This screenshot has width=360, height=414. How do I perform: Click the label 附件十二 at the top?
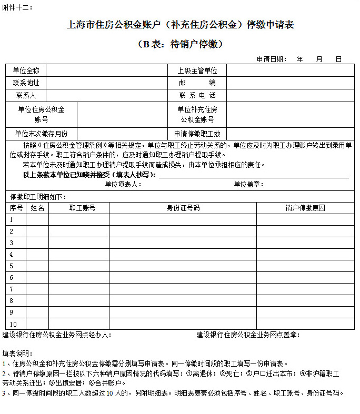click(x=17, y=7)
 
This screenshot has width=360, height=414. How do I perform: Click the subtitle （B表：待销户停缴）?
click(x=180, y=44)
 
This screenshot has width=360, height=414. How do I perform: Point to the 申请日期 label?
click(x=272, y=59)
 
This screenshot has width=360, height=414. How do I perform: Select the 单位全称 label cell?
click(x=26, y=70)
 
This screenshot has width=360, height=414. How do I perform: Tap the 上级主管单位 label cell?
click(x=197, y=70)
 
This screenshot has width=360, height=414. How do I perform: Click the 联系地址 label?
click(x=26, y=83)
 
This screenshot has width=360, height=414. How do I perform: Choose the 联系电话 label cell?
click(x=197, y=95)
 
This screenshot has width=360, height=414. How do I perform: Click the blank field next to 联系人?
click(x=105, y=95)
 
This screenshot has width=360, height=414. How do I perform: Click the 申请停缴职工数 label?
click(x=197, y=134)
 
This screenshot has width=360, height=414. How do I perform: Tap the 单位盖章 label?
click(x=248, y=184)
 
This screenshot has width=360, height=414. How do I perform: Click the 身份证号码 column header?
click(x=183, y=208)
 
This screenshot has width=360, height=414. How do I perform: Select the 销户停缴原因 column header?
click(x=305, y=208)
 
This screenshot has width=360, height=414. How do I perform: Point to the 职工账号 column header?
click(x=82, y=208)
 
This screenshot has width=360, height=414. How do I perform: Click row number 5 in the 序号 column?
click(x=11, y=266)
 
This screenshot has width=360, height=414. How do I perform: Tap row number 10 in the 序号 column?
click(x=13, y=324)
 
